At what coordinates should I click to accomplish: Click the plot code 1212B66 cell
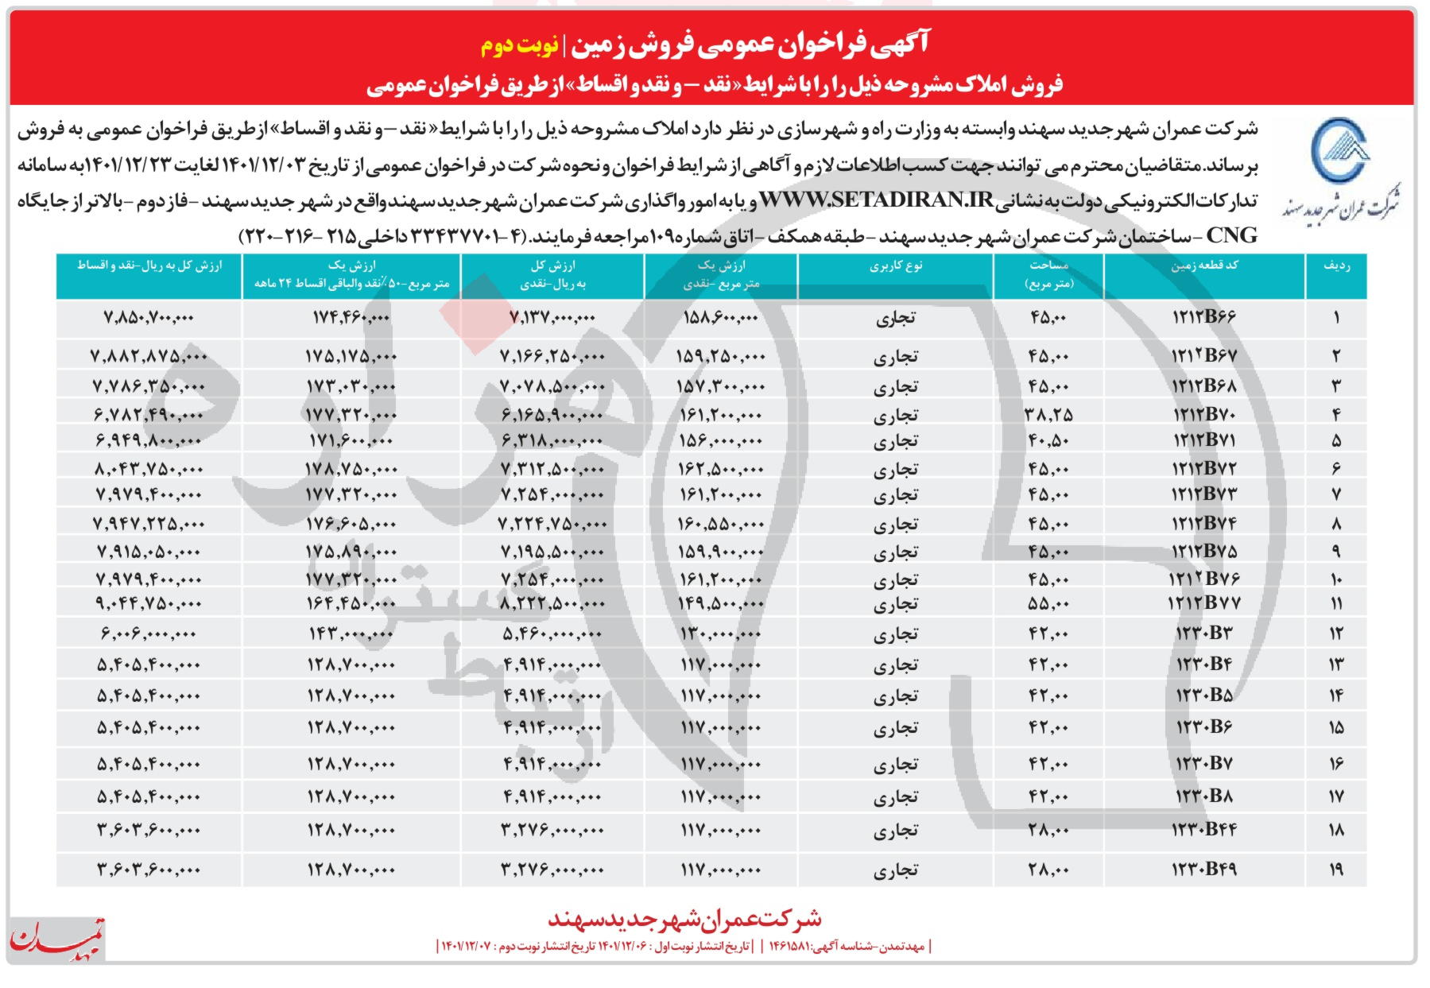pos(1203,317)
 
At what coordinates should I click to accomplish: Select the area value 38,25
pos(1048,414)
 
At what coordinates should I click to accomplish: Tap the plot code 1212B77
pos(1203,603)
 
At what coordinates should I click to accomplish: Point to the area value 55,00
pos(1048,603)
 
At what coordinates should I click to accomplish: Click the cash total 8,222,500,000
pos(552,603)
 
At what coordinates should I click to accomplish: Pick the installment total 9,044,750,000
pos(149,603)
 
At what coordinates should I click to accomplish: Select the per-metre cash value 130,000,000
pos(720,633)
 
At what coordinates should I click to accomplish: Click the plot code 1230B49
pos(1205,869)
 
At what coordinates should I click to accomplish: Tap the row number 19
pos(1336,870)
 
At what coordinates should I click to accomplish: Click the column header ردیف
pos(1336,266)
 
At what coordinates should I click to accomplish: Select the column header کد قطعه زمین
pos(1203,266)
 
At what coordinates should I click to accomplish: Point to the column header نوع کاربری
pos(896,266)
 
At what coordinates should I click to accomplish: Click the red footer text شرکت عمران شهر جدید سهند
pos(684,919)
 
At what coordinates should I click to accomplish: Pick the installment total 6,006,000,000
pos(148,633)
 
